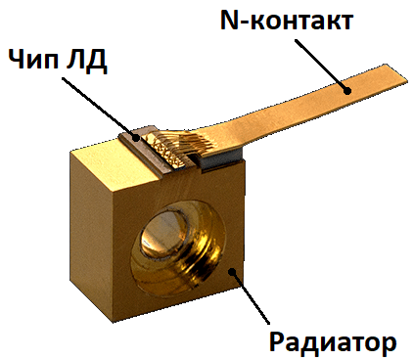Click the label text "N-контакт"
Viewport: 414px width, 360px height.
(x=284, y=21)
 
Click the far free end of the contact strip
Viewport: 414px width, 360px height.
(x=391, y=73)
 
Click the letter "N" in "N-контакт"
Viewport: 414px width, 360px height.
(x=224, y=21)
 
